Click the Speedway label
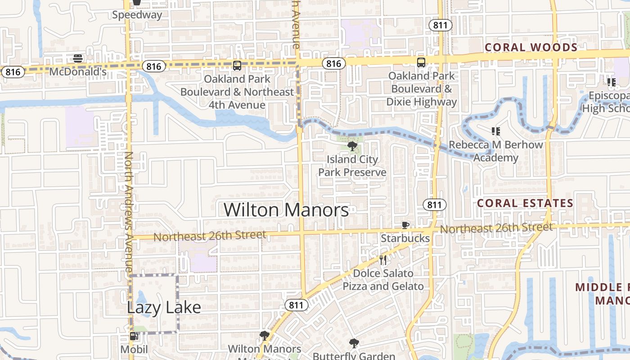pyautogui.click(x=137, y=15)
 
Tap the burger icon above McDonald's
pyautogui.click(x=78, y=58)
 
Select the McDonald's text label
pyautogui.click(x=78, y=72)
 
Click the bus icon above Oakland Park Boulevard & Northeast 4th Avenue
pyautogui.click(x=237, y=66)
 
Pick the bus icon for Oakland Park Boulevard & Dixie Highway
pyautogui.click(x=421, y=63)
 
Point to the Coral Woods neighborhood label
pyautogui.click(x=531, y=47)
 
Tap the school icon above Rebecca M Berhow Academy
pyautogui.click(x=496, y=131)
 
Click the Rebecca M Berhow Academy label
pyautogui.click(x=496, y=152)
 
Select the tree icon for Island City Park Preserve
pyautogui.click(x=352, y=146)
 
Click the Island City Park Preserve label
pyautogui.click(x=352, y=166)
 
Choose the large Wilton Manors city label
pyautogui.click(x=286, y=210)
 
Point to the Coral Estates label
pyautogui.click(x=525, y=203)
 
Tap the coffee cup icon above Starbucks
pyautogui.click(x=405, y=225)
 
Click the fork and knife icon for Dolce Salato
pyautogui.click(x=383, y=260)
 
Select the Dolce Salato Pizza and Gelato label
pyautogui.click(x=383, y=280)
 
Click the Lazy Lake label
pyautogui.click(x=164, y=307)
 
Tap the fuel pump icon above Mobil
pyautogui.click(x=134, y=336)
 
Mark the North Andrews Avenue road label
pyautogui.click(x=129, y=211)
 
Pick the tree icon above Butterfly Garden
pyautogui.click(x=354, y=343)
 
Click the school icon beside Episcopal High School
pyautogui.click(x=611, y=82)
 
